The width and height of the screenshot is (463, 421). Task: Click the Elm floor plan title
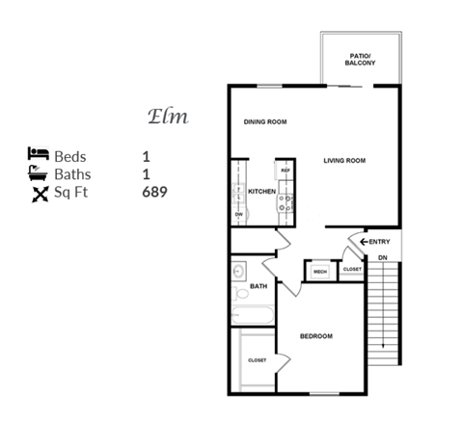pyautogui.click(x=167, y=117)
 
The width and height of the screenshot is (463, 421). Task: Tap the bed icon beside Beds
pyautogui.click(x=38, y=154)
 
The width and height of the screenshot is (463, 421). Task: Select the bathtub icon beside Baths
pyautogui.click(x=38, y=173)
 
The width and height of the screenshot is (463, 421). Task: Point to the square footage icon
pyautogui.click(x=39, y=193)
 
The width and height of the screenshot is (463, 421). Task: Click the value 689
pyautogui.click(x=154, y=193)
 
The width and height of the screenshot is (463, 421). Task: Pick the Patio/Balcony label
pyautogui.click(x=362, y=60)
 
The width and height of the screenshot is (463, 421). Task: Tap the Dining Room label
pyautogui.click(x=265, y=122)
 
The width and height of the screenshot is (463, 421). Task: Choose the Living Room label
pyautogui.click(x=345, y=160)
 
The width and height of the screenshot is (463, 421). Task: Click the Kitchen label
pyautogui.click(x=262, y=192)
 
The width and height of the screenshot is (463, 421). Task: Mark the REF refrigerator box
pyautogui.click(x=285, y=170)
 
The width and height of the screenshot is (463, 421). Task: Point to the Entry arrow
pyautogui.click(x=362, y=242)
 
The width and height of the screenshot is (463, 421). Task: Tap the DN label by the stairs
pyautogui.click(x=382, y=257)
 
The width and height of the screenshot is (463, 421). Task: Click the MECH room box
pyautogui.click(x=320, y=272)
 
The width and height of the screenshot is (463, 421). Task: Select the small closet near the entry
pyautogui.click(x=352, y=269)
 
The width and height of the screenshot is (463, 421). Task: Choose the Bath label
pyautogui.click(x=259, y=286)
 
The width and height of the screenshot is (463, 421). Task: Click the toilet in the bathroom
pyautogui.click(x=238, y=294)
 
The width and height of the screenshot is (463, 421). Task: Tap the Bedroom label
pyautogui.click(x=316, y=336)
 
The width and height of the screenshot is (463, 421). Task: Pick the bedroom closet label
pyautogui.click(x=257, y=359)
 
